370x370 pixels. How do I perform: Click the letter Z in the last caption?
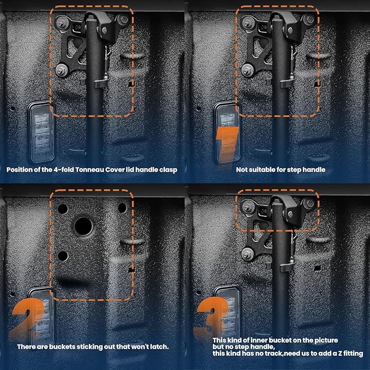click(x=339, y=354)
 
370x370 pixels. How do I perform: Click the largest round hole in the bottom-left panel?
click(x=83, y=226)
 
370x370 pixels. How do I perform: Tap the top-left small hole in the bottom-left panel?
click(x=63, y=209)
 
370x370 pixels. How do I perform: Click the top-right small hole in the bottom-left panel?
click(x=122, y=208)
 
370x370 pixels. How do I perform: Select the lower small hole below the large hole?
click(x=63, y=256)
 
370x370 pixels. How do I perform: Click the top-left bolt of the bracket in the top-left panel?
click(x=62, y=23)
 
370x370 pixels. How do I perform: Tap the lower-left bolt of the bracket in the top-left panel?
click(x=62, y=70)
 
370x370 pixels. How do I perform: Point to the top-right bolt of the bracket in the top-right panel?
click(x=309, y=20)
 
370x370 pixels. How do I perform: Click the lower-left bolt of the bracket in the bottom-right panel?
click(x=247, y=254)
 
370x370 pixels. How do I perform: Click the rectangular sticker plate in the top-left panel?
click(x=41, y=132)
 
